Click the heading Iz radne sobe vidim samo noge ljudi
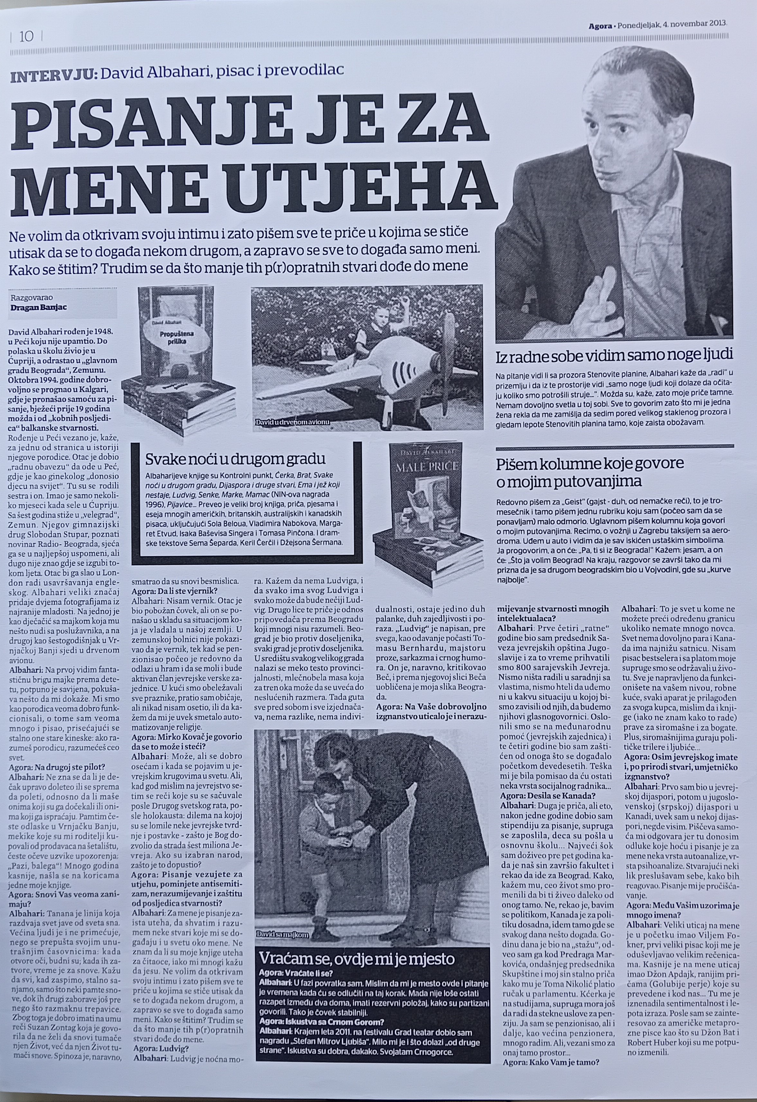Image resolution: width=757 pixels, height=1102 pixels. coord(614,355)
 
